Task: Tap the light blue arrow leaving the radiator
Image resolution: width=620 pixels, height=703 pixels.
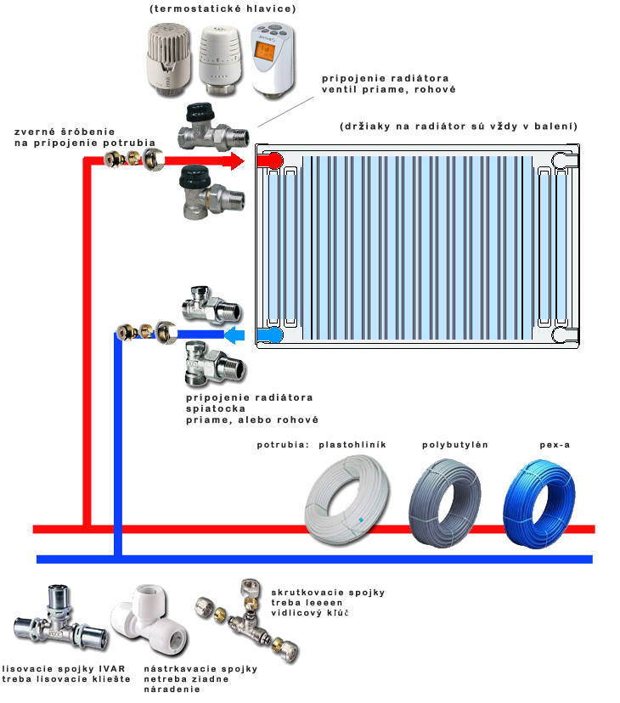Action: [235, 336]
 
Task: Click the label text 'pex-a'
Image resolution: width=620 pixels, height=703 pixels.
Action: [554, 445]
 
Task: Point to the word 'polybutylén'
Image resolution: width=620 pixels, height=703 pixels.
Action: [454, 445]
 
